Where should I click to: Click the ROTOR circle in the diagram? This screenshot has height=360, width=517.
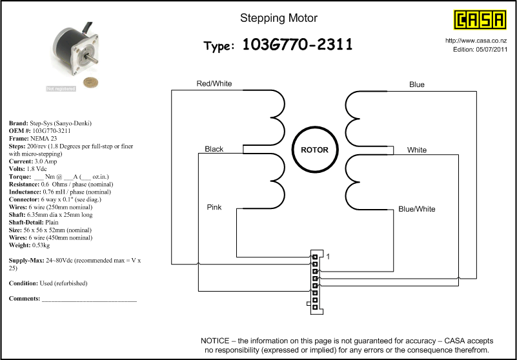(x=315, y=126)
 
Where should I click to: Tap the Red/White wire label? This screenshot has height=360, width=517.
(x=214, y=83)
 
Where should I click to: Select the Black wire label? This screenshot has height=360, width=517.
(x=214, y=149)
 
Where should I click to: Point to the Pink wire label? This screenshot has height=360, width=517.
(x=214, y=207)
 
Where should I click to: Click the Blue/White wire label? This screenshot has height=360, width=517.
(x=417, y=209)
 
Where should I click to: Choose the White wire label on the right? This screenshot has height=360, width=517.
(x=417, y=150)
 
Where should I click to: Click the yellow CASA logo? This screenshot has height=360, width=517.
(x=480, y=19)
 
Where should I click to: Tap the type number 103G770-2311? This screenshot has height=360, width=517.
(x=298, y=45)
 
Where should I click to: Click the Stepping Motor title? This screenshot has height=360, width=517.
(x=279, y=18)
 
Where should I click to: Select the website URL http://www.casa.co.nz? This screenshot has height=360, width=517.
(x=476, y=41)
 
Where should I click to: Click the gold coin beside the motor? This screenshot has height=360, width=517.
(x=90, y=83)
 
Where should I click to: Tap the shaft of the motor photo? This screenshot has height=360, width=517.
(x=92, y=59)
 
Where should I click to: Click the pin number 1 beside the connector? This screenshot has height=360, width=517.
(x=328, y=257)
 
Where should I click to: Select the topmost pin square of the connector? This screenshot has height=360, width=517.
(x=315, y=257)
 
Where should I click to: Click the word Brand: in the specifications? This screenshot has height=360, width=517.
(x=19, y=123)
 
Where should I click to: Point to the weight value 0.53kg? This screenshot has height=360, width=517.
(x=41, y=245)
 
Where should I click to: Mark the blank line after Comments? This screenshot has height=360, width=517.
(x=89, y=301)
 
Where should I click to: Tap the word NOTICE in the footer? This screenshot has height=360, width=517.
(x=215, y=341)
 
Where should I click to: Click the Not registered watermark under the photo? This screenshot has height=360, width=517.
(x=61, y=88)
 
